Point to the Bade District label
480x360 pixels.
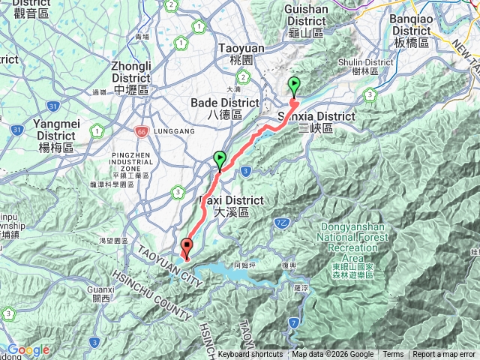point(225,108)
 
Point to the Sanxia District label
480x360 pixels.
point(318,121)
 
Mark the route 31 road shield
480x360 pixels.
point(16,130)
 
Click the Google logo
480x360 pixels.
point(28,349)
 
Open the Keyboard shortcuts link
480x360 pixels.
point(250,355)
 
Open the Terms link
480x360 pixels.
point(393,355)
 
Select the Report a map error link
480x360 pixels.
point(443,355)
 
